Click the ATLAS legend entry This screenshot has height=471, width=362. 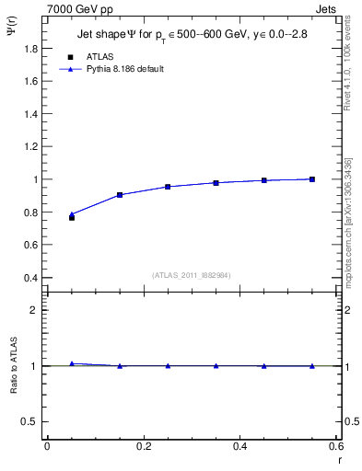click(100, 56)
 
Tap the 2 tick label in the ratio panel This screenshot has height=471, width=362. click(36, 310)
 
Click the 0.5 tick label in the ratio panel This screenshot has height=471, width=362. click(30, 421)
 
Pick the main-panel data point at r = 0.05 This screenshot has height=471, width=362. click(72, 217)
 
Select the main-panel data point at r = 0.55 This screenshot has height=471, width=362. click(312, 179)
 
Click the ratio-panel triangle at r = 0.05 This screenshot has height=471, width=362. click(72, 364)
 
